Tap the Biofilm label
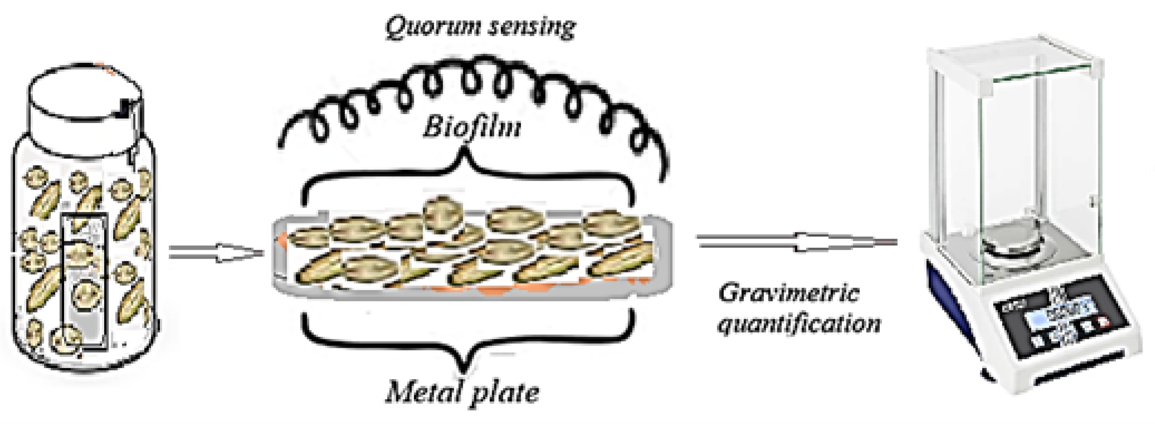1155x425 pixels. pos(472,127)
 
